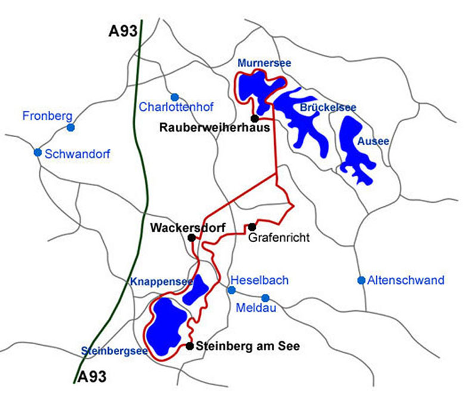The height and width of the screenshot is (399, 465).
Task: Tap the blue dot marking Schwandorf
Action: tap(38, 152)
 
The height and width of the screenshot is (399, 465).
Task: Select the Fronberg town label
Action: tap(46, 116)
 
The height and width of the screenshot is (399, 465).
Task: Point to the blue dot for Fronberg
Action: tap(71, 127)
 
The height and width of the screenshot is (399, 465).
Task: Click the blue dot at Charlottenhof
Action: tap(175, 97)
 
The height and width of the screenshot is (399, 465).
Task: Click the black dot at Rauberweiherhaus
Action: tap(255, 118)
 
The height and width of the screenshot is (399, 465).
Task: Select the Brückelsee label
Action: tap(328, 108)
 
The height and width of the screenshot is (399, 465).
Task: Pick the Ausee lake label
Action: tap(373, 142)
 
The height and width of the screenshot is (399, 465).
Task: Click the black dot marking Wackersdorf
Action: tap(191, 237)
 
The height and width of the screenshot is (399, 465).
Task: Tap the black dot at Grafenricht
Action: tap(252, 227)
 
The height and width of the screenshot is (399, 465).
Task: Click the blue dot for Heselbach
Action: tap(232, 290)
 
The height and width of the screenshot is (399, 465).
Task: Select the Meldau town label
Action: tap(256, 308)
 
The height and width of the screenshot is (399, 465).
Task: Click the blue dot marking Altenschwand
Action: tap(361, 280)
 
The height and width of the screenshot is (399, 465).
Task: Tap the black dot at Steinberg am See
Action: tap(190, 346)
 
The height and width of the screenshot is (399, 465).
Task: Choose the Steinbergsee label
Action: tap(114, 351)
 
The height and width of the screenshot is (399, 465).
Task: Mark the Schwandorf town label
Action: tap(77, 154)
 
